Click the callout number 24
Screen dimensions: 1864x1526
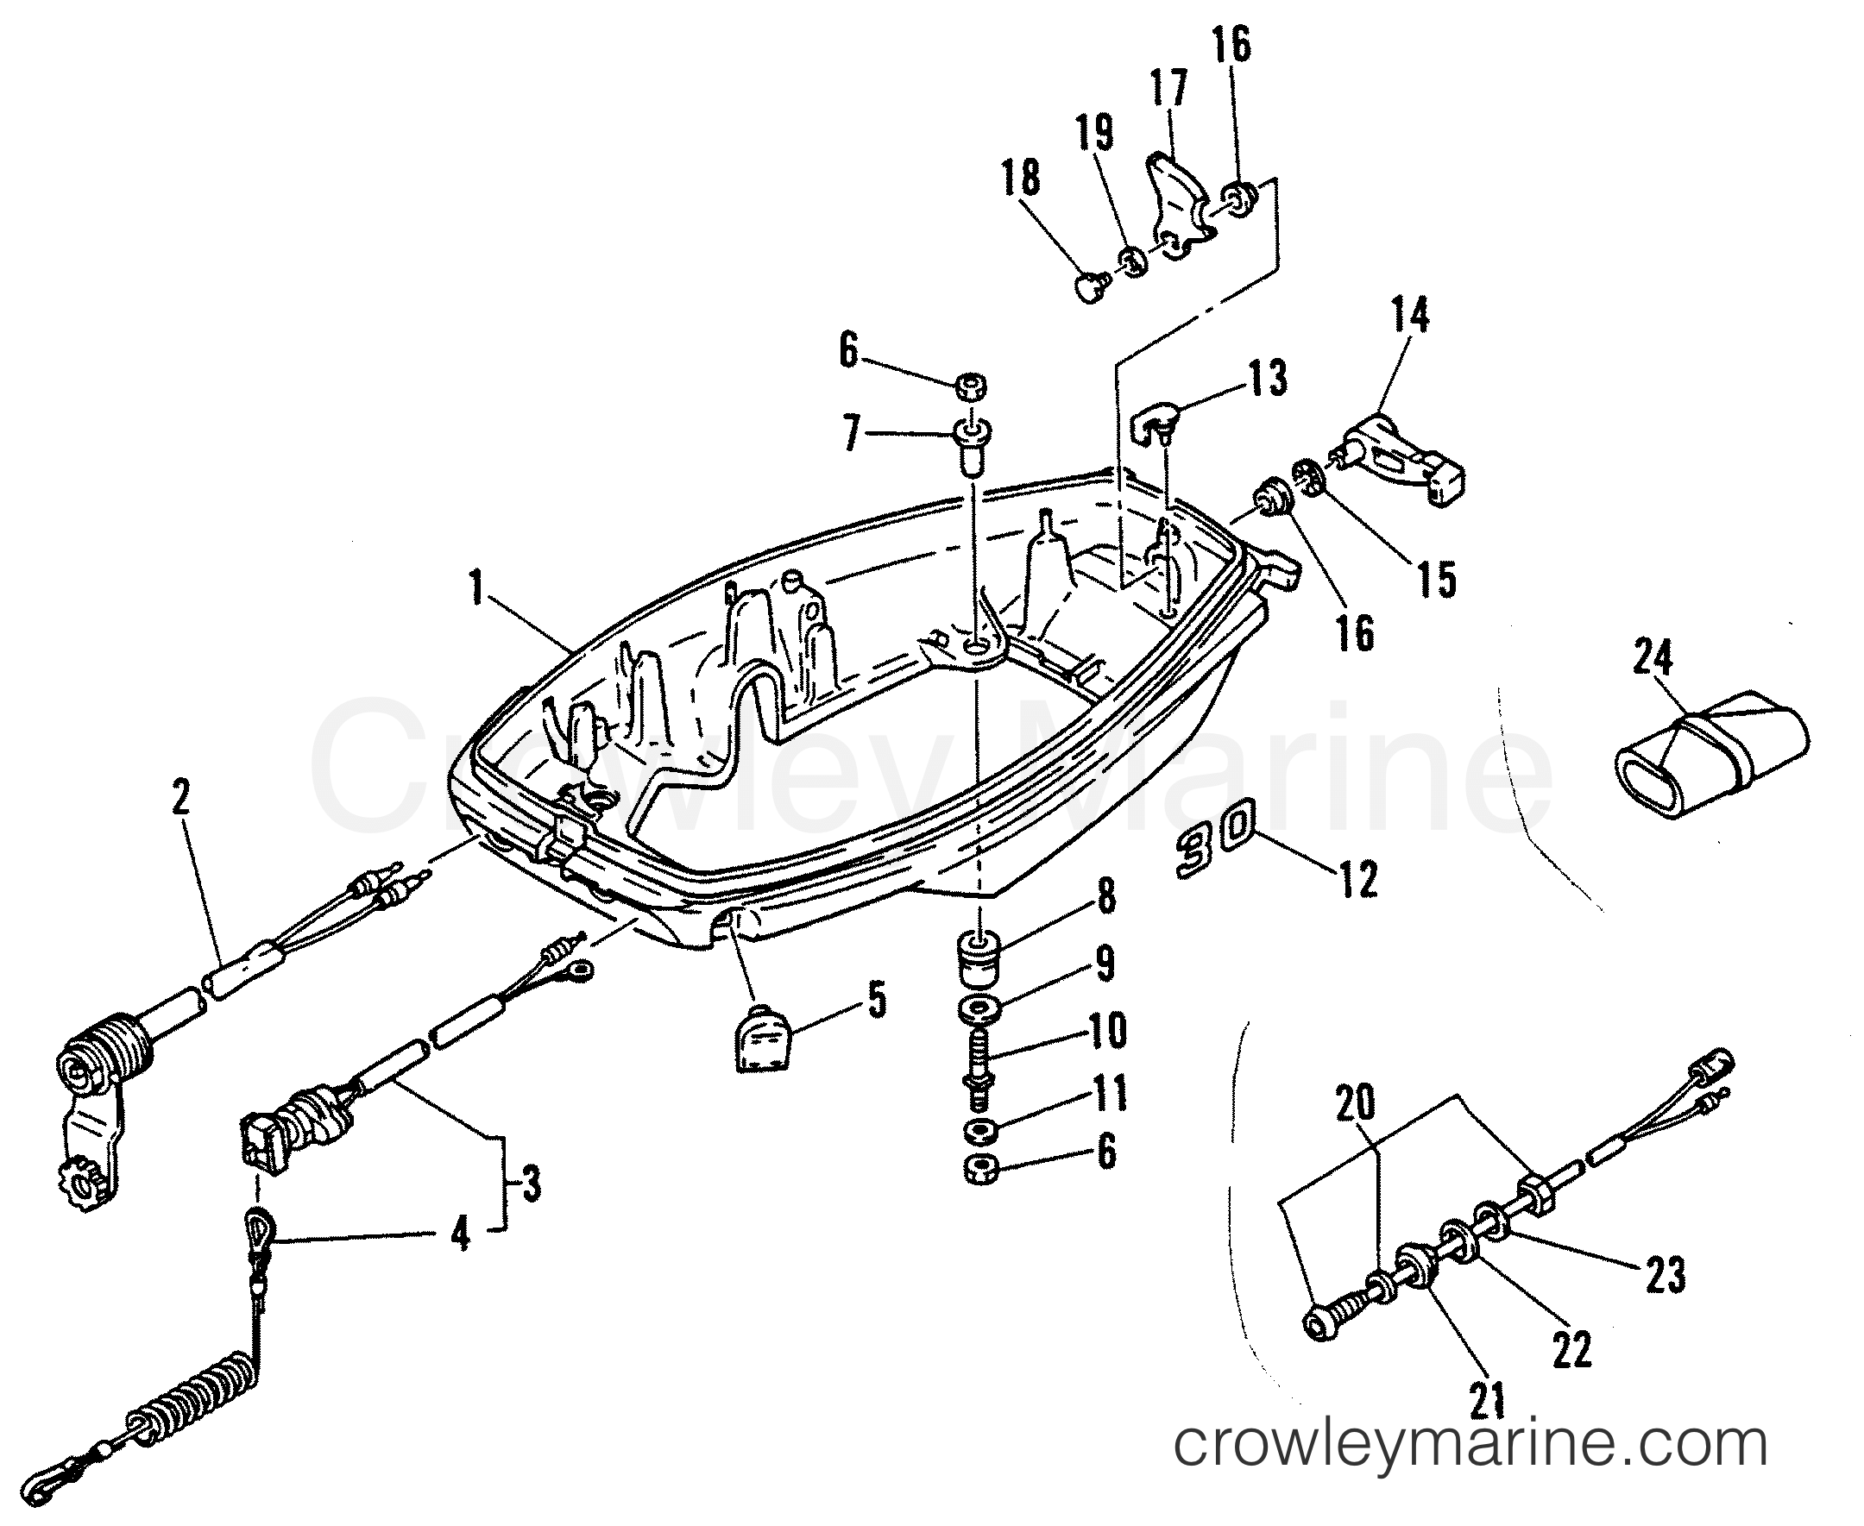tap(1652, 659)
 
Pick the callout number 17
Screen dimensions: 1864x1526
tap(1169, 89)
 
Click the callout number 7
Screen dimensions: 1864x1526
tap(850, 434)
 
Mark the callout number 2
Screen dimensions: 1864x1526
tap(180, 798)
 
